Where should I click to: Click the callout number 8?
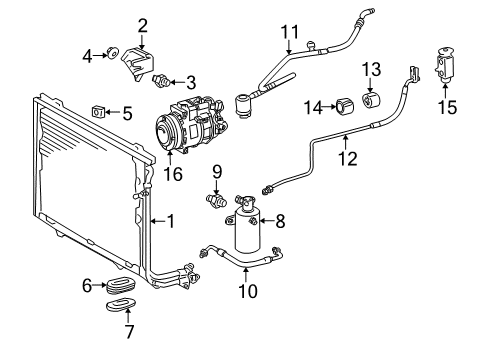(x=279, y=221)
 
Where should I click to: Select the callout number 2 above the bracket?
(x=142, y=25)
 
